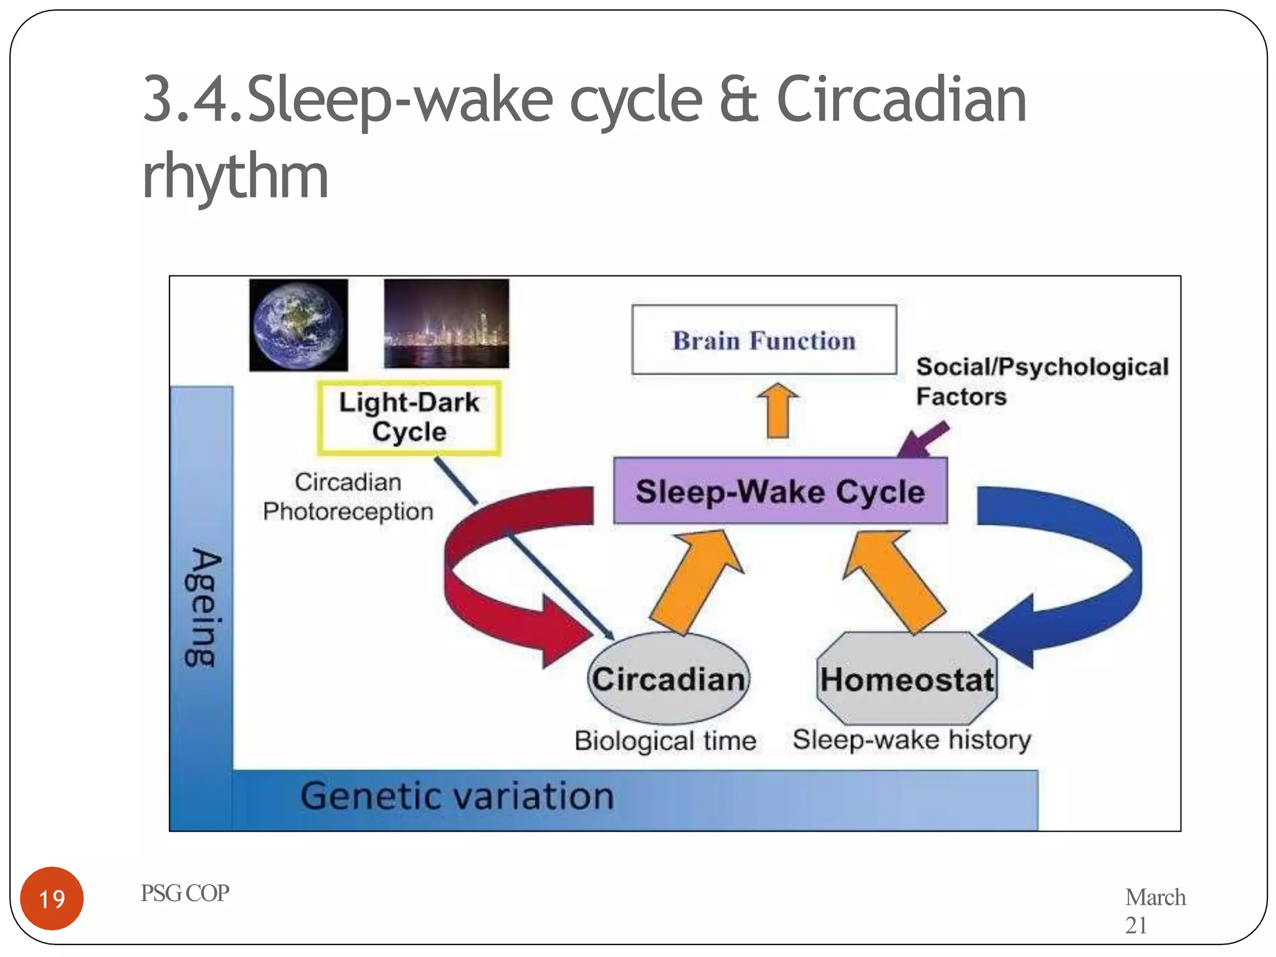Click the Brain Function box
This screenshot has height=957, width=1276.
pyautogui.click(x=764, y=340)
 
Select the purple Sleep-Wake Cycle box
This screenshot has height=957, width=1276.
pyautogui.click(x=780, y=491)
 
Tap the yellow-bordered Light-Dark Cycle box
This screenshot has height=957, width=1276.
pyautogui.click(x=409, y=417)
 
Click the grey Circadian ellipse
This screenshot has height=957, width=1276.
pyautogui.click(x=669, y=678)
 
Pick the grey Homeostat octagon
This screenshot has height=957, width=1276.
pyautogui.click(x=907, y=678)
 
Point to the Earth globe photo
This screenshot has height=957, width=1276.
pyautogui.click(x=298, y=325)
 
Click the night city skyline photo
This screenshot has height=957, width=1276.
pyautogui.click(x=446, y=323)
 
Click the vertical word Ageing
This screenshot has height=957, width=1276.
pyautogui.click(x=202, y=607)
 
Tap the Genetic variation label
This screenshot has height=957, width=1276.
pyautogui.click(x=457, y=796)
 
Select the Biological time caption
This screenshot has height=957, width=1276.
pyautogui.click(x=665, y=741)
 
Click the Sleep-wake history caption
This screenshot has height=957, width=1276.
pyautogui.click(x=911, y=740)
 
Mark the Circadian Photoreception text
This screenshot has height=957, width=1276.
pyautogui.click(x=348, y=497)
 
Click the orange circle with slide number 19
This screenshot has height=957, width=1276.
pyautogui.click(x=52, y=898)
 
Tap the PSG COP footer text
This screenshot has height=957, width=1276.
pyautogui.click(x=184, y=893)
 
